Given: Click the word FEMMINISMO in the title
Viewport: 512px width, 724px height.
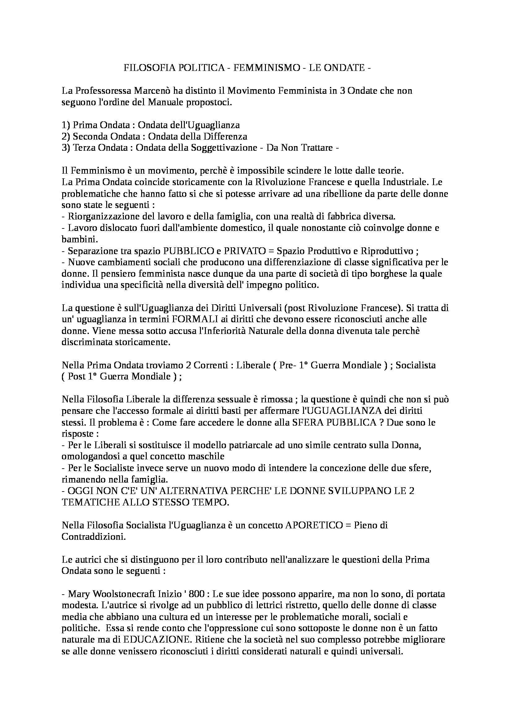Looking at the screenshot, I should coord(267,68).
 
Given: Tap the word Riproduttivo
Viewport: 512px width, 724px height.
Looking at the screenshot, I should coord(386,251).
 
